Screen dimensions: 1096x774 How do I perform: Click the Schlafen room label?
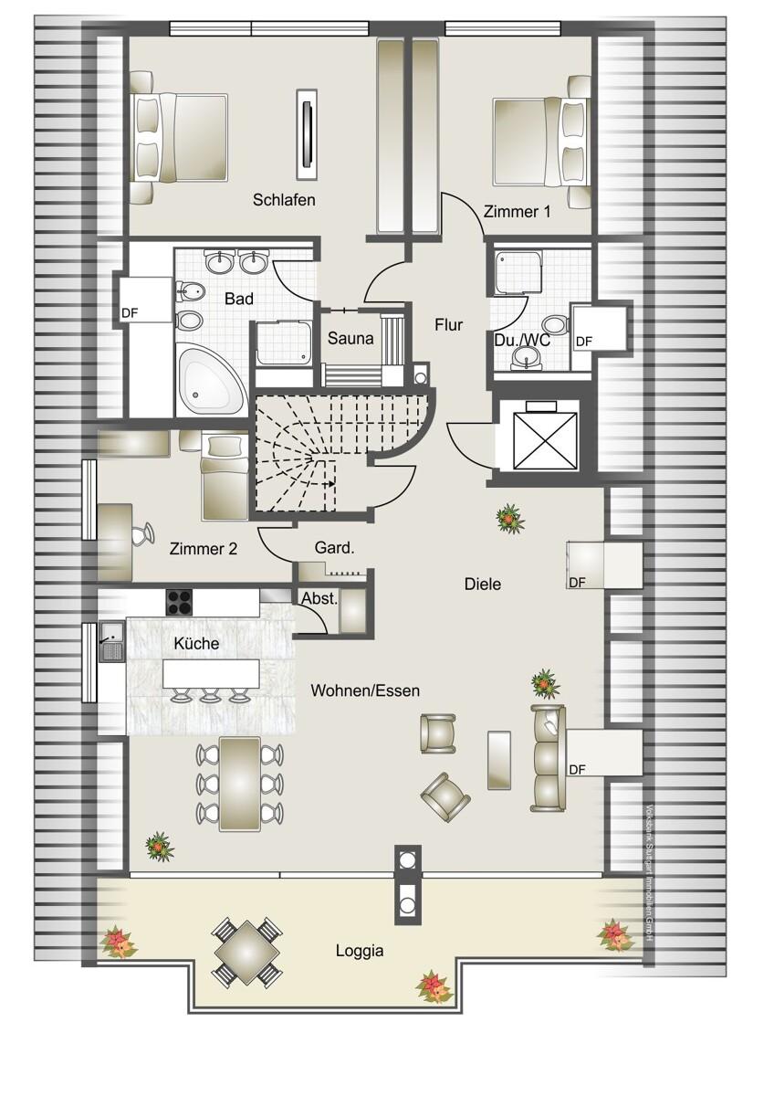click(285, 200)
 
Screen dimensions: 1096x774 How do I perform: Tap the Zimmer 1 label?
click(518, 212)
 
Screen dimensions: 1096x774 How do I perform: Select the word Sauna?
click(351, 339)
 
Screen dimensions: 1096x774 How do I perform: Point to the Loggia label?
click(360, 951)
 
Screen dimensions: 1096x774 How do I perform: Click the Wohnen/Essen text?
click(365, 690)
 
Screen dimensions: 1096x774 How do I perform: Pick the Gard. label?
click(334, 549)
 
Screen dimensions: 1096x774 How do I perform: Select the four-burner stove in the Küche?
click(180, 602)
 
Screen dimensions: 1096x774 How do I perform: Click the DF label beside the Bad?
click(130, 314)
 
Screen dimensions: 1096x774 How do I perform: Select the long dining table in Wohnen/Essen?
click(240, 783)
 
